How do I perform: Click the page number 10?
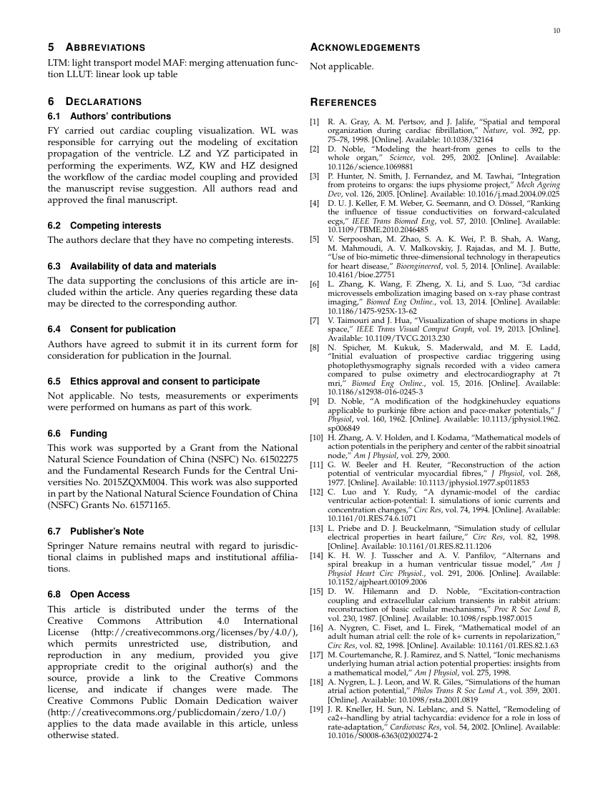pyautogui.click(x=556, y=30)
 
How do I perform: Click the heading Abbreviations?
pyautogui.click(x=96, y=47)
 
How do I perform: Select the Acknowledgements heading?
pyautogui.click(x=364, y=47)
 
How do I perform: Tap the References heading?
pyautogui.click(x=343, y=103)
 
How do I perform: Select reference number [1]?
pyautogui.click(x=315, y=122)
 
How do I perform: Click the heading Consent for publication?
pyautogui.click(x=111, y=329)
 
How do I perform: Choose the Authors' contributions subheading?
pyautogui.click(x=109, y=116)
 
